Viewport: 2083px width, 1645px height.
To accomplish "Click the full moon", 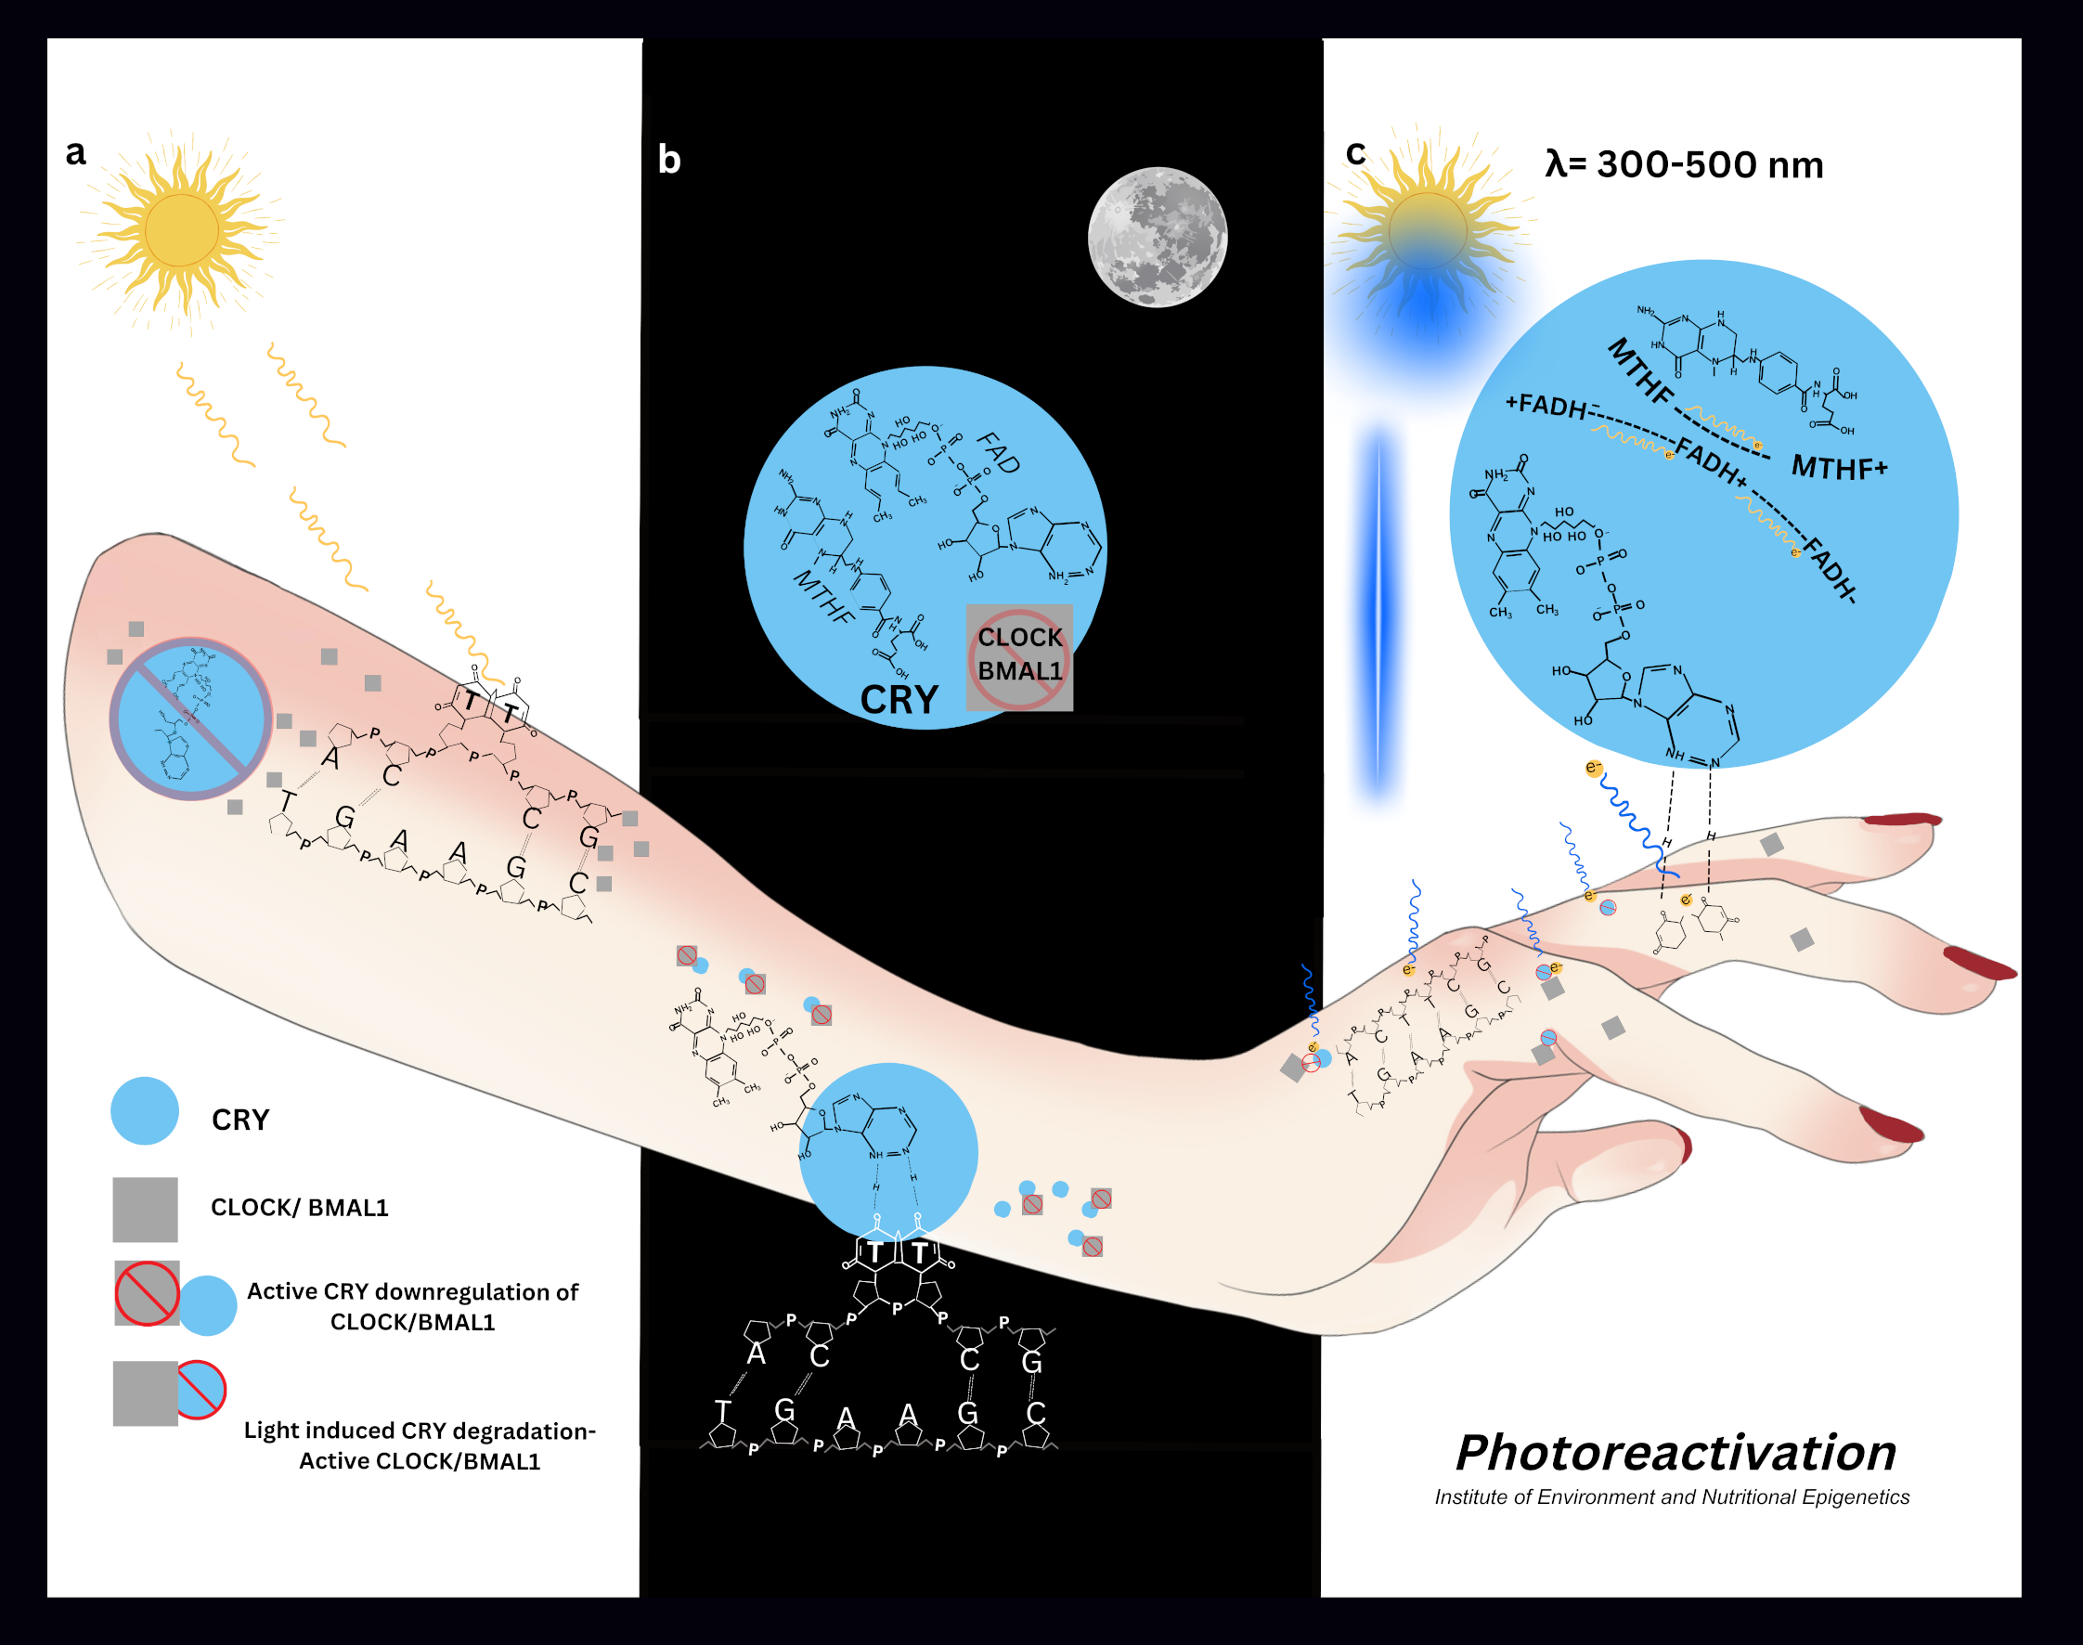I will [x=1157, y=237].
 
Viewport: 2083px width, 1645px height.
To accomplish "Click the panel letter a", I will [x=75, y=152].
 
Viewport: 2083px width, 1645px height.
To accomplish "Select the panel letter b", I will [x=668, y=159].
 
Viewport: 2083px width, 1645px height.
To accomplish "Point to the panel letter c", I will [x=1355, y=152].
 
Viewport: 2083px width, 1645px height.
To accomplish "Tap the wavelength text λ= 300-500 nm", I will [x=1683, y=164].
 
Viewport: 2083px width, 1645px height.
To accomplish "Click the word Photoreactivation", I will [x=1675, y=1453].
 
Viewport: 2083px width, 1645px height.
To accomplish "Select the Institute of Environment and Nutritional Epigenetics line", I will [x=1671, y=1496].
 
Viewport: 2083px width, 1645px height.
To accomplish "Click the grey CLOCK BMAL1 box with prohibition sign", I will [x=1019, y=657].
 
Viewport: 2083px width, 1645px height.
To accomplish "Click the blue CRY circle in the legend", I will [x=145, y=1110].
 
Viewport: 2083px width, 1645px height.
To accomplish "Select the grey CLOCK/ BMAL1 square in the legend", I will [x=145, y=1209].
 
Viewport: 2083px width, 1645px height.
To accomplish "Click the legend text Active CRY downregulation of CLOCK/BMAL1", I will [x=412, y=1306].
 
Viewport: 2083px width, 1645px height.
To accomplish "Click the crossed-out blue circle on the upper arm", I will [x=190, y=719].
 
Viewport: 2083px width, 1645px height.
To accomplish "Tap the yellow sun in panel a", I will [x=180, y=230].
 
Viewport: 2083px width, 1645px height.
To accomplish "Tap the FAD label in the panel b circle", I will [x=999, y=453].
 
